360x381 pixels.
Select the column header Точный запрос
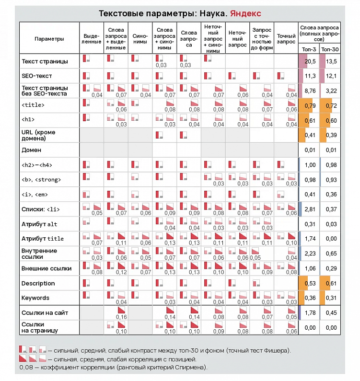[x=286, y=39]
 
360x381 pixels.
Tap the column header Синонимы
[x=140, y=39]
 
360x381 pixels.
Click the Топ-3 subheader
[x=309, y=49]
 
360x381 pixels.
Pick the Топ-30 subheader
[x=329, y=49]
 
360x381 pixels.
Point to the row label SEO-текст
[x=37, y=76]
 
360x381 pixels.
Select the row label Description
[x=38, y=283]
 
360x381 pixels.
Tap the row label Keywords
[x=35, y=298]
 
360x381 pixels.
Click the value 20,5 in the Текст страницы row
[x=310, y=61]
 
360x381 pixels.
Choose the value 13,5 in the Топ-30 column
[x=331, y=61]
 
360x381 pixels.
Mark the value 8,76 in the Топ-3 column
[x=310, y=91]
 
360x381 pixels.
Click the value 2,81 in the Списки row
[x=310, y=209]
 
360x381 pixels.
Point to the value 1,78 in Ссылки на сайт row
[x=310, y=313]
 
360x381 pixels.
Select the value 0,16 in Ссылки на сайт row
[x=121, y=317]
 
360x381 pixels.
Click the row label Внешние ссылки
[x=46, y=268]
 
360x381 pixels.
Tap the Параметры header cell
[x=49, y=39]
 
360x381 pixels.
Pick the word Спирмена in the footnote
[x=191, y=368]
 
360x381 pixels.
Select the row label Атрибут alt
[x=39, y=224]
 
